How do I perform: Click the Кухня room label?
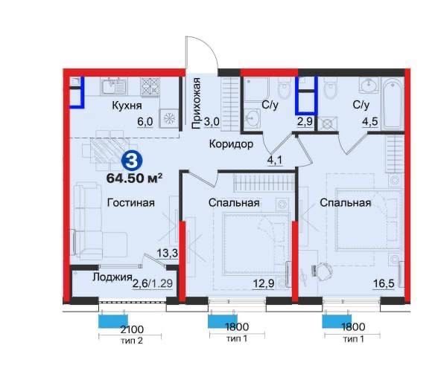tap(127, 106)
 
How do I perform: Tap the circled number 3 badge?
tap(132, 161)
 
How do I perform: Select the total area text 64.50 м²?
tap(134, 178)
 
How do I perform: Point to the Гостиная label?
tap(130, 203)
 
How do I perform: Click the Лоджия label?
tap(112, 277)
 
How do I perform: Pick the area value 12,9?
tap(264, 283)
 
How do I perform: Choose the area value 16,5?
tap(384, 283)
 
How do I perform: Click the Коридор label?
tap(231, 144)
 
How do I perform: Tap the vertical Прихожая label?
tap(196, 103)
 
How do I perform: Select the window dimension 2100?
tap(132, 329)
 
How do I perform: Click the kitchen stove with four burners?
tap(150, 87)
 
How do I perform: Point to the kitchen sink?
tap(114, 86)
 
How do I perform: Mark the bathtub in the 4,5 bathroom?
tap(393, 104)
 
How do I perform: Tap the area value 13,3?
tap(168, 253)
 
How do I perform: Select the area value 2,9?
tap(305, 122)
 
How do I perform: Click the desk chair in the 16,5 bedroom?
tap(323, 269)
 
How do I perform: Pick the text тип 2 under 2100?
tap(132, 341)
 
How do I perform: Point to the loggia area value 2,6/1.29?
tap(153, 283)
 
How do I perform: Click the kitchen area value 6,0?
tap(145, 122)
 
